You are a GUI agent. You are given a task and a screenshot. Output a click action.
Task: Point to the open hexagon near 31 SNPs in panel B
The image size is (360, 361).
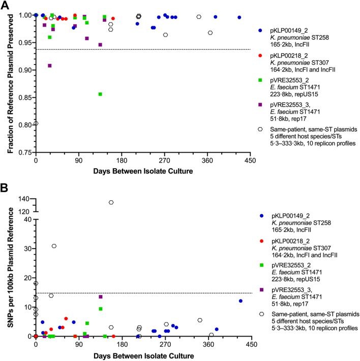(54, 246)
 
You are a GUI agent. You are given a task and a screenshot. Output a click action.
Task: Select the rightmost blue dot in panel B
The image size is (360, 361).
(240, 301)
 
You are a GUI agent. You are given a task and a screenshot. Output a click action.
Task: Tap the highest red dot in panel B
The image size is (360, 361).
(66, 319)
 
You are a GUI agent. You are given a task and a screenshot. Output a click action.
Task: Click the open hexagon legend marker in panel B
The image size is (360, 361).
(261, 314)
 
